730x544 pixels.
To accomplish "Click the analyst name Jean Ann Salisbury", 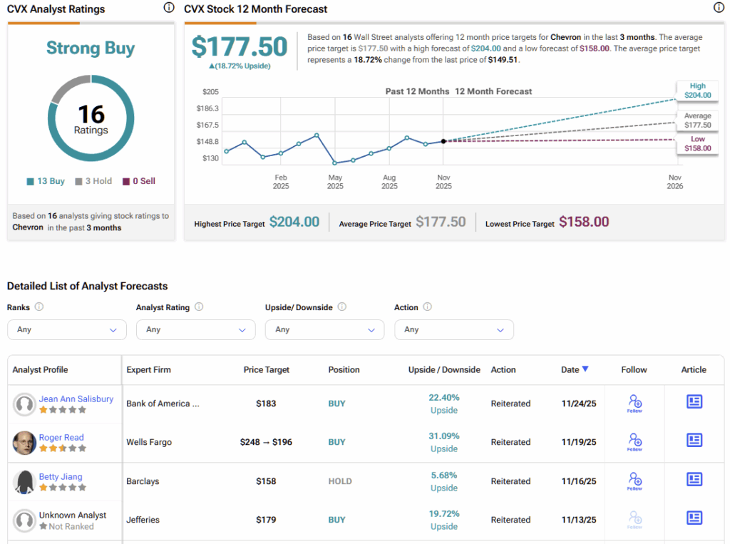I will pos(76,399).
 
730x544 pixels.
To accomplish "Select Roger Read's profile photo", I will pos(24,443).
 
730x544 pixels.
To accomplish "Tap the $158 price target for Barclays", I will pos(266,481).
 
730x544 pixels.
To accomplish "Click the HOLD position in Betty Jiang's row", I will pos(339,481).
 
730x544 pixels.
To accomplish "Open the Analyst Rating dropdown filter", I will pos(195,329).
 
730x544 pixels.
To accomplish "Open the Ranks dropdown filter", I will pos(66,329).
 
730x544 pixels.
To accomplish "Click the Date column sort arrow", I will pos(585,369).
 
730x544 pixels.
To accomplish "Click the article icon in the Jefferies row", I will pos(694,518).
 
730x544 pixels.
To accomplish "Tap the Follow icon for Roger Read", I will pos(634,441).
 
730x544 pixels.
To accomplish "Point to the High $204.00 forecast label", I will pos(697,91).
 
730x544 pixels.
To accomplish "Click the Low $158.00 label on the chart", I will pos(697,144).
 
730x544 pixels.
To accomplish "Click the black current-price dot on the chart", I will pos(443,141).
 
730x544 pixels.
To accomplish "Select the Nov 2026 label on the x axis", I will pos(674,182).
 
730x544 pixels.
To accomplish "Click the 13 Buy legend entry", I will pos(46,181).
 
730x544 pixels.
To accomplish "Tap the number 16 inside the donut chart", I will pos(91,114).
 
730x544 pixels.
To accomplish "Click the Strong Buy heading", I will pos(91,48).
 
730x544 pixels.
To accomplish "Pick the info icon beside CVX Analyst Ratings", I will pos(169,8).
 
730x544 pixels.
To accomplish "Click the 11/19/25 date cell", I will pos(579,442).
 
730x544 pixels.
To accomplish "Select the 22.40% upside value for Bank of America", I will pos(444,397).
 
